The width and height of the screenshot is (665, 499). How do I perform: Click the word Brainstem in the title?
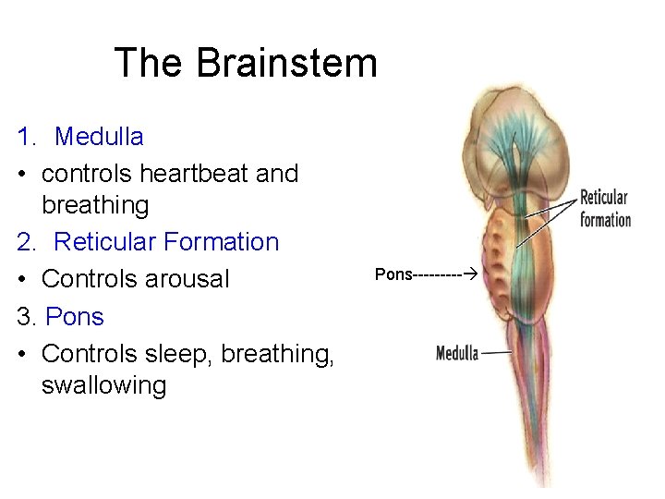coord(287,64)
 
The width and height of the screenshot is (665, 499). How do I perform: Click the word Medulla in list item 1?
coord(99,137)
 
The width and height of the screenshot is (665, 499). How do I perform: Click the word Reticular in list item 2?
coord(105,242)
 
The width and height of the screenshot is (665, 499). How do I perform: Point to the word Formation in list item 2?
coord(221,242)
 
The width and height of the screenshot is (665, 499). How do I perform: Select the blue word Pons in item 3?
coord(75,316)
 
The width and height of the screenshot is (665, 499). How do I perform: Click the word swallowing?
coord(103,385)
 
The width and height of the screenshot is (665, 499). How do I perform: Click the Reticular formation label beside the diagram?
coord(605,209)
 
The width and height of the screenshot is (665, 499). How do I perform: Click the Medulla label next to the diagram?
coord(456,353)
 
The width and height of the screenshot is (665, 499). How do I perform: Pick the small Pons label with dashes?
coord(393,275)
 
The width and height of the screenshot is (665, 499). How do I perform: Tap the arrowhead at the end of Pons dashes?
coord(468,275)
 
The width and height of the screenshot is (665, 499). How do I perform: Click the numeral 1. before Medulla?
coord(27,137)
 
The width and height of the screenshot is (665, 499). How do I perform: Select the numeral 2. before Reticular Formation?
coord(27,242)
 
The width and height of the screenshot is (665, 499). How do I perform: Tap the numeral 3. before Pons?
coord(27,316)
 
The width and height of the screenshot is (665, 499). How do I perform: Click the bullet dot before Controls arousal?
coord(22,279)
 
